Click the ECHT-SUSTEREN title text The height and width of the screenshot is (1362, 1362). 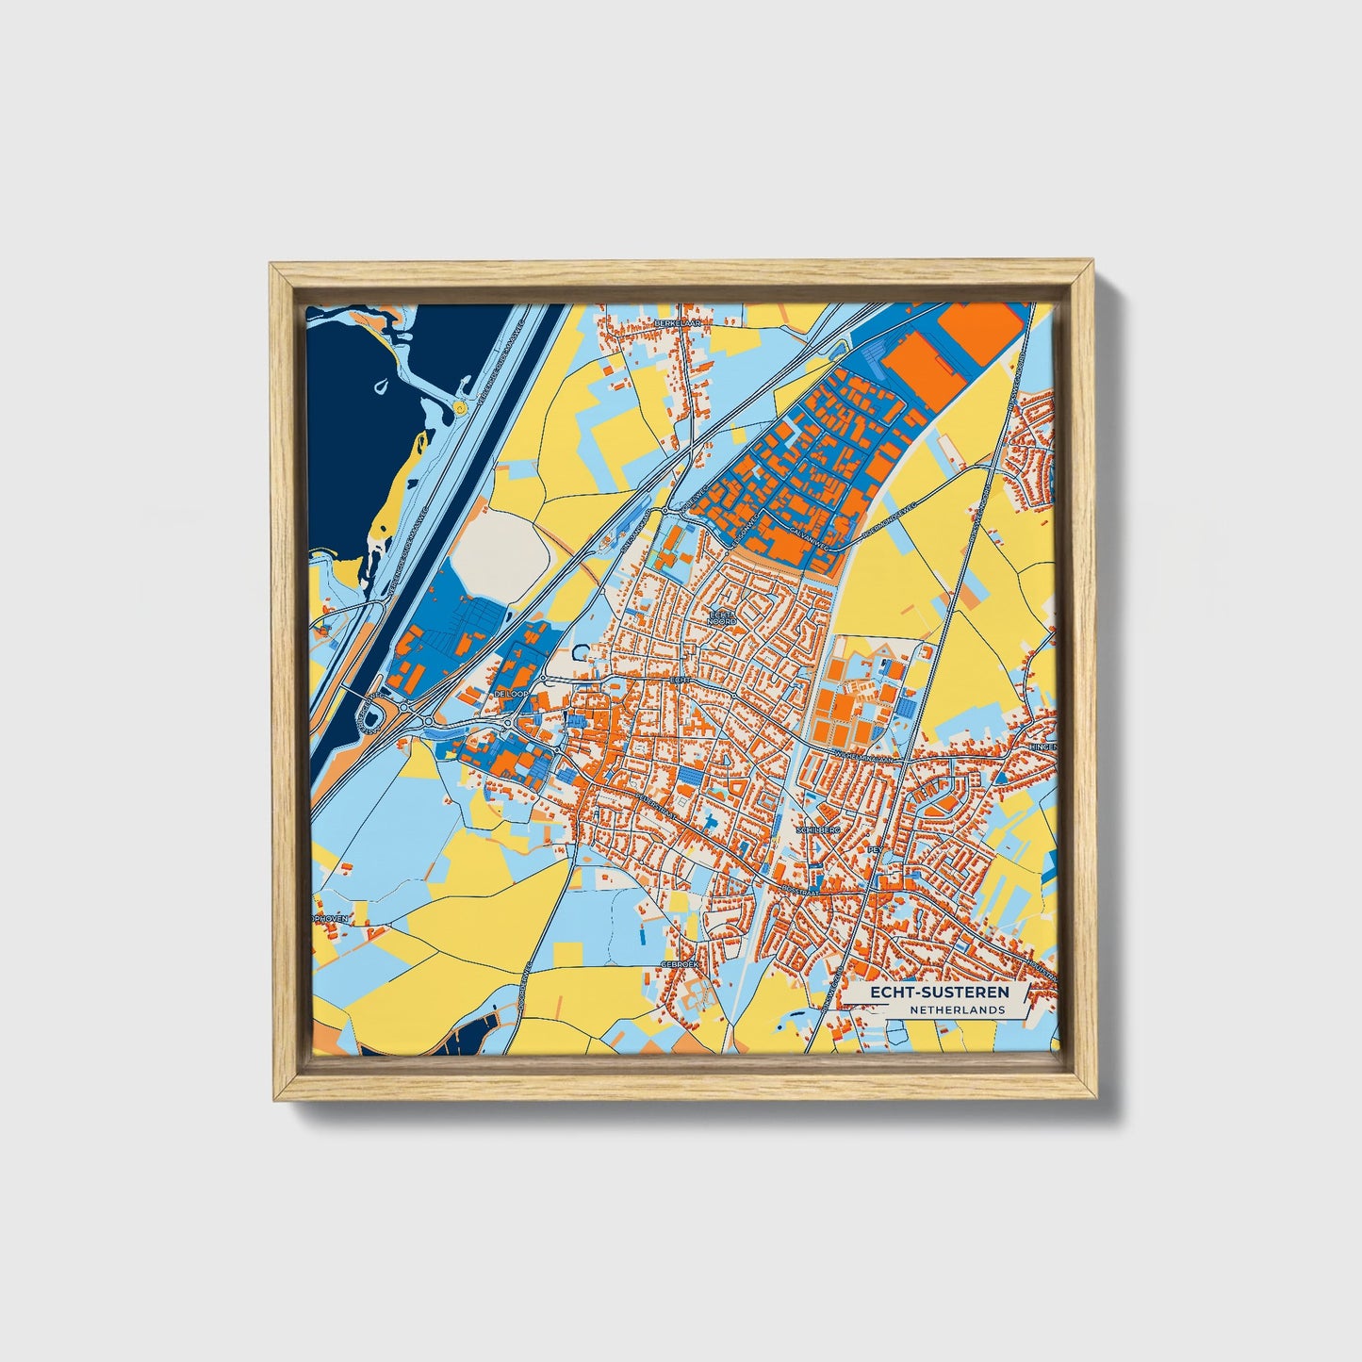pos(939,993)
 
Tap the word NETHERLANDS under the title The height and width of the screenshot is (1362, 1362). pos(957,1009)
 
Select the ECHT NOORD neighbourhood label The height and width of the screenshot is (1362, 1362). pos(722,617)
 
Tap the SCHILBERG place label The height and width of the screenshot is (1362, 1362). pos(816,830)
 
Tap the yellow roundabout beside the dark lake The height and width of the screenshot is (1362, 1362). pos(459,408)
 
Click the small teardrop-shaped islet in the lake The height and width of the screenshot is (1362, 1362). pos(380,386)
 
